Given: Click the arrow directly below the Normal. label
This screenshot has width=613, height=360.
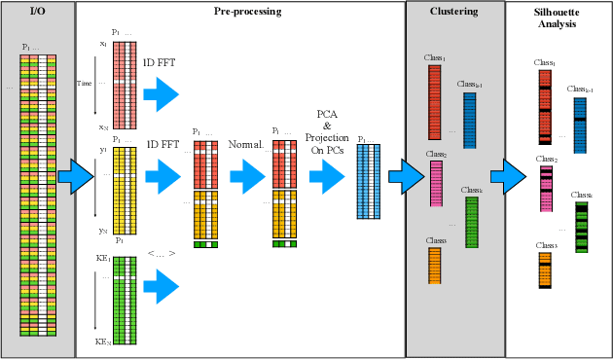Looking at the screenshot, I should tap(247, 177).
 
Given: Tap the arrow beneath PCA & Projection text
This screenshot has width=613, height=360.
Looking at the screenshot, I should tap(327, 177).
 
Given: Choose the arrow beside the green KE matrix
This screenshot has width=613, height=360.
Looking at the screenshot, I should tap(162, 284).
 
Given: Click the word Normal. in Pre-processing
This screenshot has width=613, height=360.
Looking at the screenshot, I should tap(246, 144).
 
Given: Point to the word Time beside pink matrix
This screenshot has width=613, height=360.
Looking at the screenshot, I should tap(85, 84).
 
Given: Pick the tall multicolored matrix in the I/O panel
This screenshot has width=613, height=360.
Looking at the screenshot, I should tap(38, 195).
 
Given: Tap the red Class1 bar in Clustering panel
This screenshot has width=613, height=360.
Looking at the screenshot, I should tap(434, 102).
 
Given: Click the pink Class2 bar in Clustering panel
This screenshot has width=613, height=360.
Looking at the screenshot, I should tap(436, 184).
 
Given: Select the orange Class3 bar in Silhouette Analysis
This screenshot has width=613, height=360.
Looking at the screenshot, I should tap(545, 270).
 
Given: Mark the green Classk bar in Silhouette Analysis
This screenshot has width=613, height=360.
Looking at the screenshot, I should tap(581, 228).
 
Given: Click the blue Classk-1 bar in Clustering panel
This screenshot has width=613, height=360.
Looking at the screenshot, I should tap(469, 119).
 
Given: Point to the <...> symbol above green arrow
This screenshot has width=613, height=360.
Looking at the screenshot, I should tap(161, 254).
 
